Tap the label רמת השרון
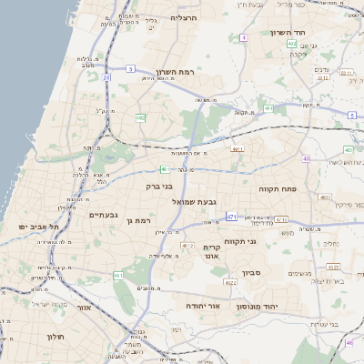[176, 71]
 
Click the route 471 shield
[231, 217]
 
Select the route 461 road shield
[117, 275]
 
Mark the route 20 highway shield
[106, 78]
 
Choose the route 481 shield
[269, 109]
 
